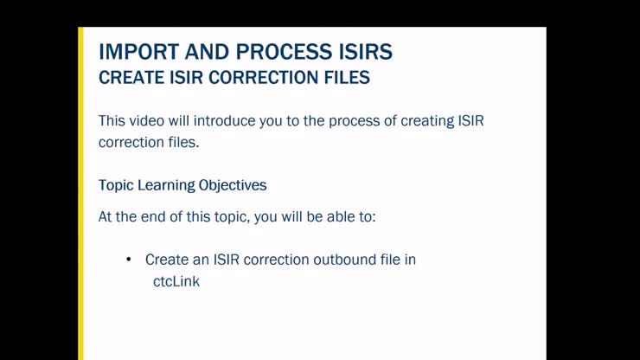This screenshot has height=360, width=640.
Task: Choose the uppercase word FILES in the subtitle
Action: point(346,78)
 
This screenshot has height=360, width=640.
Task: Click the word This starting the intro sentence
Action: point(112,120)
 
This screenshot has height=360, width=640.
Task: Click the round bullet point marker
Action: point(128,260)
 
